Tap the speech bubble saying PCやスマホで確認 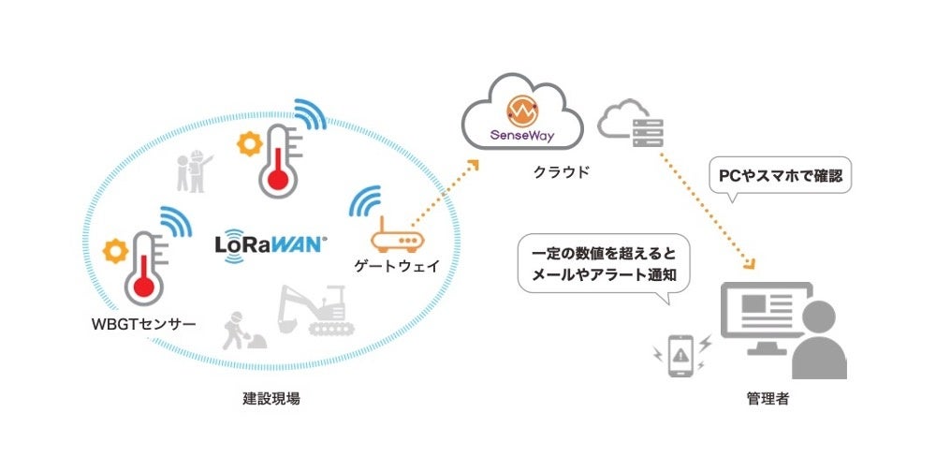pyautogui.click(x=780, y=176)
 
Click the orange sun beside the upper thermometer pyautogui.click(x=250, y=144)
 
